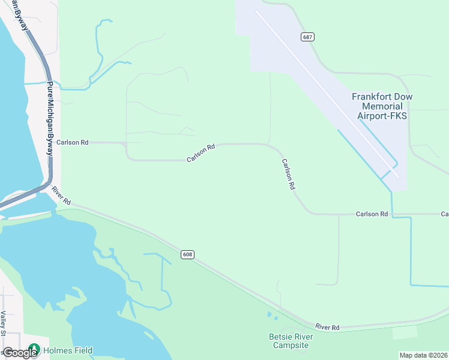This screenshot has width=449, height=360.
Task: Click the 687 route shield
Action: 307,37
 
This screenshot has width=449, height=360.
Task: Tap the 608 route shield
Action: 187,255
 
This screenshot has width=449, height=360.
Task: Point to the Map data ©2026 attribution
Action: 423,355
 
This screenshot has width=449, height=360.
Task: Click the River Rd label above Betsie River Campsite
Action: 328,327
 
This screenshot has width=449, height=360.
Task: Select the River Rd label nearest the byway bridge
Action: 61,194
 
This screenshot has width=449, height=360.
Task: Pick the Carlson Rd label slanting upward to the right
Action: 201,153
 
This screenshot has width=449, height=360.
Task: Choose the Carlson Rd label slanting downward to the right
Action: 288,175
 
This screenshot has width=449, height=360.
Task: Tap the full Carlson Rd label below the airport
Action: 372,214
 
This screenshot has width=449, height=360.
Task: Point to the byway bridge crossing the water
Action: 27,196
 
